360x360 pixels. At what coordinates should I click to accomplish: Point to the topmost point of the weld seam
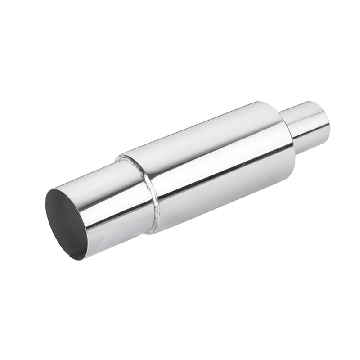pyautogui.click(x=120, y=156)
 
